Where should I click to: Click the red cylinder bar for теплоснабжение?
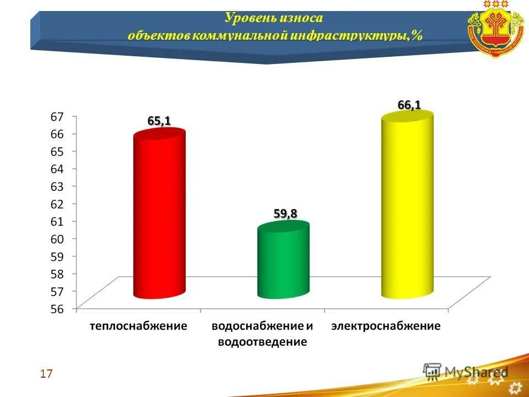159,215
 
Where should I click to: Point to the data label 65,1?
159,121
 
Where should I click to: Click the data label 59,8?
284,213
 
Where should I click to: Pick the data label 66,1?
409,104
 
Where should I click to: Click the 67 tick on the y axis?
57,116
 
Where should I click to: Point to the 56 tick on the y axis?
57,309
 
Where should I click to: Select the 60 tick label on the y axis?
57,239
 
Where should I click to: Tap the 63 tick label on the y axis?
57,186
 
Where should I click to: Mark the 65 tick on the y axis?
57,151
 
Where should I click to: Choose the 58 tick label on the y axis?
57,273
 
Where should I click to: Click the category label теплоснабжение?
139,326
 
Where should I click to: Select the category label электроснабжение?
386,326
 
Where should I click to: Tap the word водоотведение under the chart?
262,342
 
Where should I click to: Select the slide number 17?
46,374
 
